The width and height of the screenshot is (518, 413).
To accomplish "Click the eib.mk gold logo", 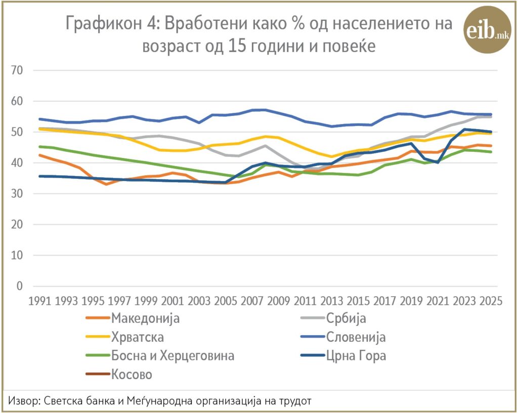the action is (487, 30).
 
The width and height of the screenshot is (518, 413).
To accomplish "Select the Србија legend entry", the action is (333, 318).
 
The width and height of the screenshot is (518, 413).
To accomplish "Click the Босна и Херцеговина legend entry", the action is (160, 355).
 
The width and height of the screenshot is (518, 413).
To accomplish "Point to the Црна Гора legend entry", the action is (343, 355).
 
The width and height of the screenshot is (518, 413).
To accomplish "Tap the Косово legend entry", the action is (119, 375).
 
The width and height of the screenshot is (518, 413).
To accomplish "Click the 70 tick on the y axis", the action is (17, 70).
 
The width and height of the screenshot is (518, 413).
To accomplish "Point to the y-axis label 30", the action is (17, 194).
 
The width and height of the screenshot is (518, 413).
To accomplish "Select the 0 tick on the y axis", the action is (20, 286).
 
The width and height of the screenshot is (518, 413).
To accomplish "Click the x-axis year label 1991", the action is (39, 301).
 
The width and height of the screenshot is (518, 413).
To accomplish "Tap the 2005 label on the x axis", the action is (226, 301).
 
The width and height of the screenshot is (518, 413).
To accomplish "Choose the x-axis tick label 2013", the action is (332, 301).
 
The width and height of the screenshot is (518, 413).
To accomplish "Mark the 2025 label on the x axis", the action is (491, 301).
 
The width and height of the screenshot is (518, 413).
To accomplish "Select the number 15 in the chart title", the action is (237, 46).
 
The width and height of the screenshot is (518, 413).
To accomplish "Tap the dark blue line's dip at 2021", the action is (438, 162).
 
